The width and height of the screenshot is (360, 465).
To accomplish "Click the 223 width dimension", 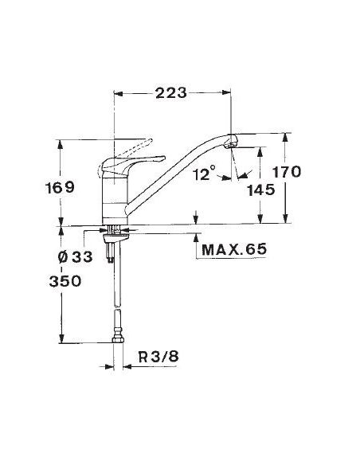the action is coord(171,93).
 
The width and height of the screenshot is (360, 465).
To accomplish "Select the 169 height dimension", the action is coord(60,188).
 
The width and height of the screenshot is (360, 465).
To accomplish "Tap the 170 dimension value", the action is coord(287,172).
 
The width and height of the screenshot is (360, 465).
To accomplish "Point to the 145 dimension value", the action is coord(261,190).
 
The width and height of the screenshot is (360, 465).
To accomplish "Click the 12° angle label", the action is coord(205,174).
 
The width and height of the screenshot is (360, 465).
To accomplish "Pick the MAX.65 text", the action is coord(234,250).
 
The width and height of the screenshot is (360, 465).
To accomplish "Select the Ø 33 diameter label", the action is coord(76,257).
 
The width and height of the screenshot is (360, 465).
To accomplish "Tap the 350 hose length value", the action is coord(65,281).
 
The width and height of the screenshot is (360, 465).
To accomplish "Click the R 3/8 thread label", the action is coord(158,357).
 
